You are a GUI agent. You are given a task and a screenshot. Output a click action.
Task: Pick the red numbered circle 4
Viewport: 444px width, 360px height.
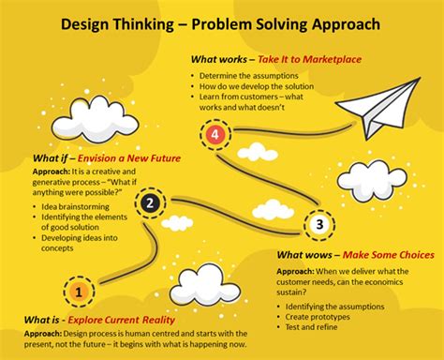[x=215, y=135]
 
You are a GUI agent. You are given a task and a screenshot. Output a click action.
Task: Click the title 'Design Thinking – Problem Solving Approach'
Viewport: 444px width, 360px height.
[x=221, y=22]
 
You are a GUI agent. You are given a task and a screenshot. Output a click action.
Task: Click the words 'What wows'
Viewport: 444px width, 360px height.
[x=302, y=253]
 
